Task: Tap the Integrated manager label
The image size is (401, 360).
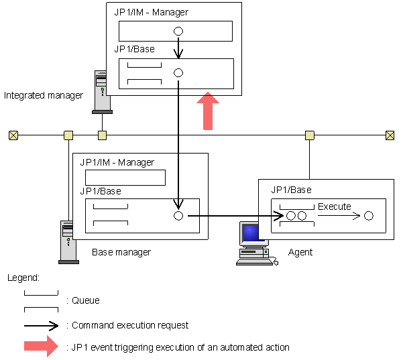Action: (x=44, y=95)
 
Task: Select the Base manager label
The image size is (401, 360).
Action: (x=121, y=252)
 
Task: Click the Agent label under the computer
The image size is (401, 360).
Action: (x=300, y=252)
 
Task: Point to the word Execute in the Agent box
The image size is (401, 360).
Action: (x=334, y=206)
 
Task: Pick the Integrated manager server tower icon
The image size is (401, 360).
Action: (x=101, y=91)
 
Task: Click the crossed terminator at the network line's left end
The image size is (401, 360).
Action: (x=12, y=135)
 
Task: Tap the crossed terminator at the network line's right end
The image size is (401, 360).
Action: (x=390, y=135)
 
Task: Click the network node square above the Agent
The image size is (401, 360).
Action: (x=309, y=135)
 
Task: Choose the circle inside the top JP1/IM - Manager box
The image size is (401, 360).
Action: (x=178, y=31)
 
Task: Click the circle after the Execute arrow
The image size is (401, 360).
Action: (x=369, y=216)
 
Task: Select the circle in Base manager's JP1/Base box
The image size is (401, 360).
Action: (x=178, y=216)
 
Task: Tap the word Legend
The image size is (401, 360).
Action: (x=23, y=277)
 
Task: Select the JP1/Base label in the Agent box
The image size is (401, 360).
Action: (x=291, y=190)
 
